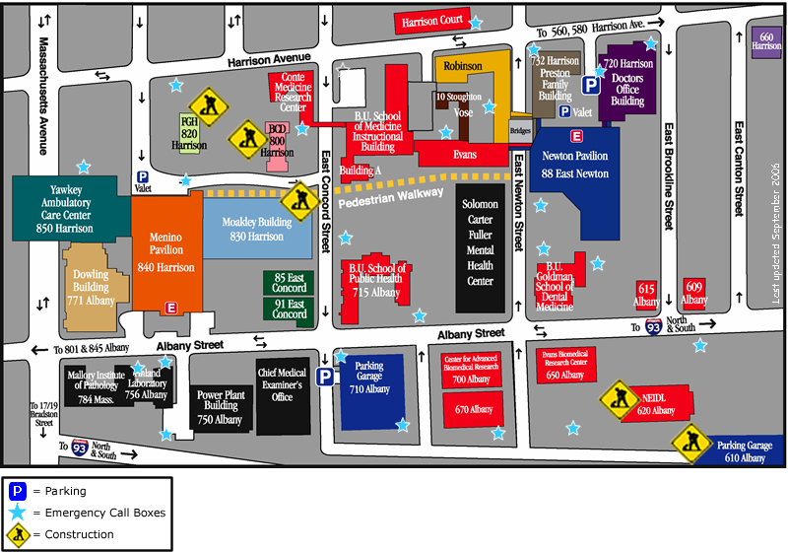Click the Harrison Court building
pos(429,22)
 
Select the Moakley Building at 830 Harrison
pos(257,230)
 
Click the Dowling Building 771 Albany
pos(87,280)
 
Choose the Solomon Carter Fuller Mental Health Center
pos(480,242)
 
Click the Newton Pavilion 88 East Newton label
pos(575,165)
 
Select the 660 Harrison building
pos(766,42)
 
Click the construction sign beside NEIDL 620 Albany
pos(618,396)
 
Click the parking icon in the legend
pos(17,491)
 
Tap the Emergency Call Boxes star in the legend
pos(17,513)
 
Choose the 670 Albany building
pos(473,409)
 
